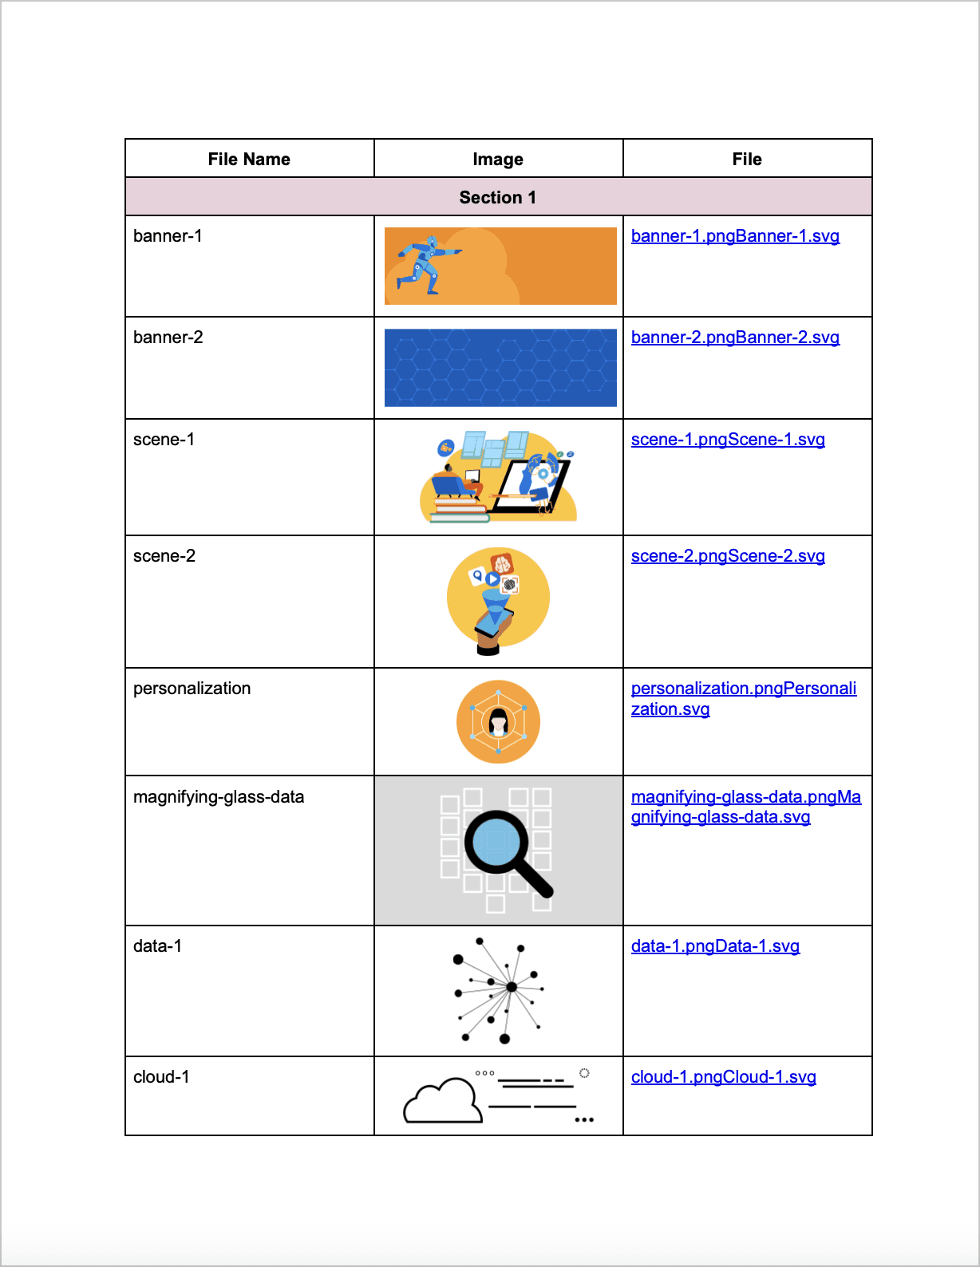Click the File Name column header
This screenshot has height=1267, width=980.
coord(249,160)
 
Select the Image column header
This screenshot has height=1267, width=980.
coord(498,160)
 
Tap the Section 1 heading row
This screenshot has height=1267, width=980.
coord(498,197)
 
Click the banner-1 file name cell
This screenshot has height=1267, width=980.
coord(168,236)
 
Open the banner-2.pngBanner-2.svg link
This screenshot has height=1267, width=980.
coord(735,337)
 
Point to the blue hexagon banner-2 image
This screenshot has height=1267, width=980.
coord(500,368)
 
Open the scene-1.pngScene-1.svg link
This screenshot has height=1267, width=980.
coord(728,440)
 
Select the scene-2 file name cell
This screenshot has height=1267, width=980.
coord(164,556)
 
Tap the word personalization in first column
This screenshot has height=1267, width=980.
coord(192,689)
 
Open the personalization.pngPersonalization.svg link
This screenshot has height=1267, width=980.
coord(743,698)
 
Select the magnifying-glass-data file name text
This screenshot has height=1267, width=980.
coord(219,797)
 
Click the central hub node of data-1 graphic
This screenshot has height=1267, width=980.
coord(512,987)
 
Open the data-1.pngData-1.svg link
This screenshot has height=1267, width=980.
coord(715,946)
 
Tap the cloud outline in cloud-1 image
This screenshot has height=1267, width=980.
coord(443,1103)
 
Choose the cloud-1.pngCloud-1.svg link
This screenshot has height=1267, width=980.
coord(723,1077)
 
